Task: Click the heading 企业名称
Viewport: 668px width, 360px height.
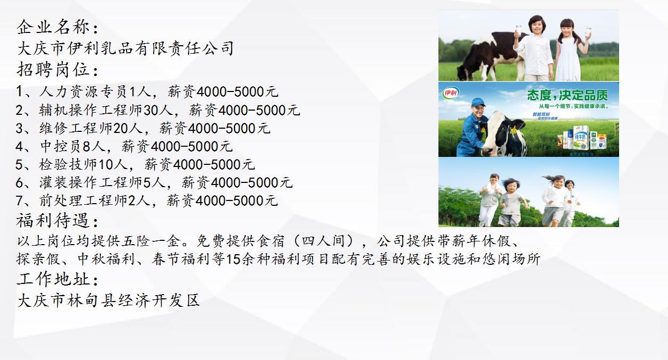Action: (57, 27)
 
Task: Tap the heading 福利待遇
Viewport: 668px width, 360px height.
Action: (57, 220)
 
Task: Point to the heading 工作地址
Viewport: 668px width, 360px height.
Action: (57, 279)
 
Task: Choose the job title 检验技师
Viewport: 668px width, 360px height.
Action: (67, 164)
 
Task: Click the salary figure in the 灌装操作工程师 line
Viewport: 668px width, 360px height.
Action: (252, 182)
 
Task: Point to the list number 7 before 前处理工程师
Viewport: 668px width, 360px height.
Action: (20, 200)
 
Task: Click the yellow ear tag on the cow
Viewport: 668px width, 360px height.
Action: (513, 129)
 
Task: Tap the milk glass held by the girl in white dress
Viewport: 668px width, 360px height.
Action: (588, 32)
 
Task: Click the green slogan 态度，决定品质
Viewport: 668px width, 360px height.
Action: (567, 95)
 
